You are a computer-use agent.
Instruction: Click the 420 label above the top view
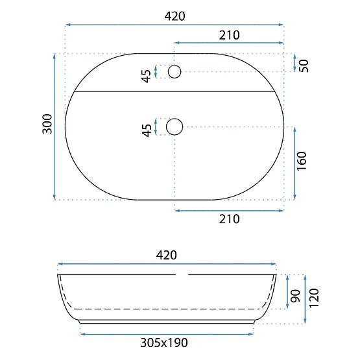tap(174, 16)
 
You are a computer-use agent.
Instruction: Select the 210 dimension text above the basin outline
tap(229, 35)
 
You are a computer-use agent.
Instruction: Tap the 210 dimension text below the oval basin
tap(229, 219)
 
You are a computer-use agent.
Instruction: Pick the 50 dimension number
tap(303, 65)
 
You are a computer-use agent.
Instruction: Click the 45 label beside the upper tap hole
tap(147, 76)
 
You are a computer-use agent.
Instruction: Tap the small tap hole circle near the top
tap(174, 71)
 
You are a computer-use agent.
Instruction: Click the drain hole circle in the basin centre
tap(174, 126)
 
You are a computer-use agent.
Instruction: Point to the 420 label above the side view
tap(166, 255)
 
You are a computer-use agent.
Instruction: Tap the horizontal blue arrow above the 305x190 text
tap(166, 333)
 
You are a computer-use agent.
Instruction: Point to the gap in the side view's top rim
tap(182, 274)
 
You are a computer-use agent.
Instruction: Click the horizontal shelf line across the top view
tap(175, 92)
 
